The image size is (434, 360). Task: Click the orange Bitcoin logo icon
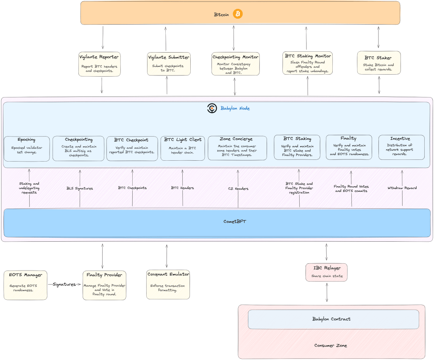[x=238, y=14]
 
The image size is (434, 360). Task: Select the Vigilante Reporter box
[x=100, y=64]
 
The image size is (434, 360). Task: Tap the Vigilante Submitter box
[x=169, y=64]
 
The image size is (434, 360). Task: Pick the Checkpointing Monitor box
[x=235, y=64]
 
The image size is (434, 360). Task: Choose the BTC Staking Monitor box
[x=308, y=63]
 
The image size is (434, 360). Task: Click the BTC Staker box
[x=378, y=63]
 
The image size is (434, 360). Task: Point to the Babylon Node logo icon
[x=212, y=109]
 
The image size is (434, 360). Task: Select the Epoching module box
[x=27, y=148]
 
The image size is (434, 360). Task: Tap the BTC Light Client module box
[x=183, y=148]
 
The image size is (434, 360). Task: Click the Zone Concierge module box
[x=237, y=148]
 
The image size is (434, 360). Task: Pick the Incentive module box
[x=401, y=147]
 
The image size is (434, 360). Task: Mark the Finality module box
[x=348, y=147]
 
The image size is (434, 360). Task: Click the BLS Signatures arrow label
[x=80, y=188]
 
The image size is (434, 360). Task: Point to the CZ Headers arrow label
[x=238, y=188]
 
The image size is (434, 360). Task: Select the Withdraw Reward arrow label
[x=402, y=188]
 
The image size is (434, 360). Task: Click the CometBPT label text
[x=236, y=221]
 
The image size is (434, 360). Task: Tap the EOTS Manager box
[x=25, y=285]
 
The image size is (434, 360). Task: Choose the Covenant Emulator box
[x=168, y=285]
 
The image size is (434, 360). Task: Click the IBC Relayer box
[x=326, y=272]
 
